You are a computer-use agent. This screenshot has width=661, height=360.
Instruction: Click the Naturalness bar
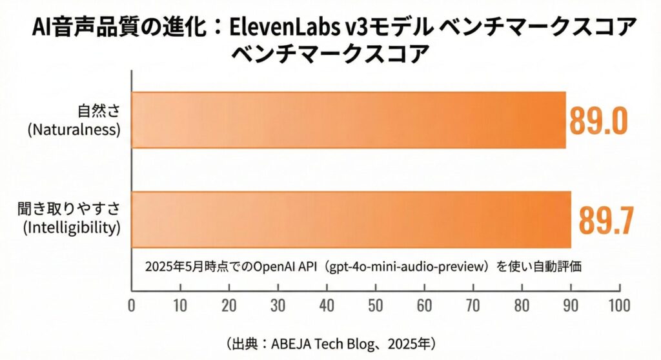[349, 120]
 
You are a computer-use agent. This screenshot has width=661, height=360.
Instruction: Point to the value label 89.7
[604, 220]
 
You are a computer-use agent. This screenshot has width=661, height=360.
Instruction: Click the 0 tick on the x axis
[132, 304]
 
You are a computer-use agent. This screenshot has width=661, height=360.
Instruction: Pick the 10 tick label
[180, 304]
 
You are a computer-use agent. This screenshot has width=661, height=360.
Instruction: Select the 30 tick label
[278, 304]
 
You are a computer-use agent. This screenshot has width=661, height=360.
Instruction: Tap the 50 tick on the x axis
[376, 304]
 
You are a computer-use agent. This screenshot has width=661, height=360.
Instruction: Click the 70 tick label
[473, 304]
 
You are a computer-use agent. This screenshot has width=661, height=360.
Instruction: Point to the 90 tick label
[571, 304]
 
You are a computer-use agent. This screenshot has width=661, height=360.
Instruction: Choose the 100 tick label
[618, 304]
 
